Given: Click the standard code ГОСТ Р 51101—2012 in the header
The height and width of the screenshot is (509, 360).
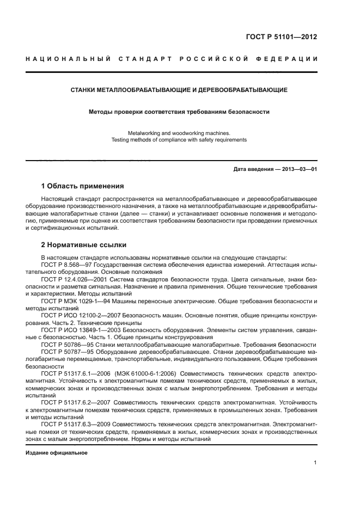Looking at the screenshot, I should point(282,38).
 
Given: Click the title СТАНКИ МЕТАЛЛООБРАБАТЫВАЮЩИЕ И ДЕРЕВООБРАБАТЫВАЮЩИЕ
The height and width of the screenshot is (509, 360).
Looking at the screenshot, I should point(179,89).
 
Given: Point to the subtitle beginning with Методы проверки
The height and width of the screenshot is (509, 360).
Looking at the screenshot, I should point(179,112).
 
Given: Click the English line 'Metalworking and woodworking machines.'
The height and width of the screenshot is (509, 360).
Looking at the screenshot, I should point(179,133).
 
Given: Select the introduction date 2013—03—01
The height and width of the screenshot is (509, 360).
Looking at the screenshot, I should point(298,169).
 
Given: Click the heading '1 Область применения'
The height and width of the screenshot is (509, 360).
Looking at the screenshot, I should point(82,186).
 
